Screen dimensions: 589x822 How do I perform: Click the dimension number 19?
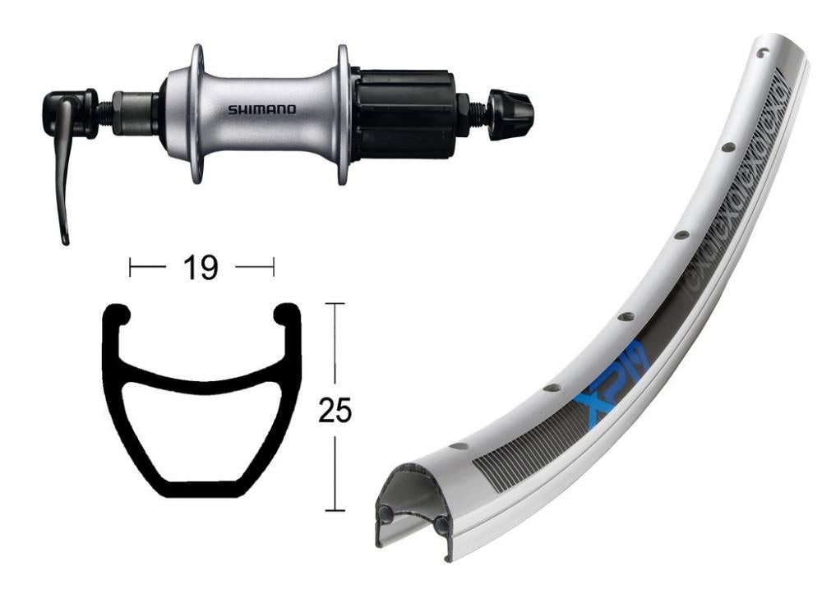[x=201, y=267]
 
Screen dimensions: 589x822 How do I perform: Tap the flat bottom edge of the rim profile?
[x=201, y=492]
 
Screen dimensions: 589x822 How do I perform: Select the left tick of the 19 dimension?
[x=130, y=267]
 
